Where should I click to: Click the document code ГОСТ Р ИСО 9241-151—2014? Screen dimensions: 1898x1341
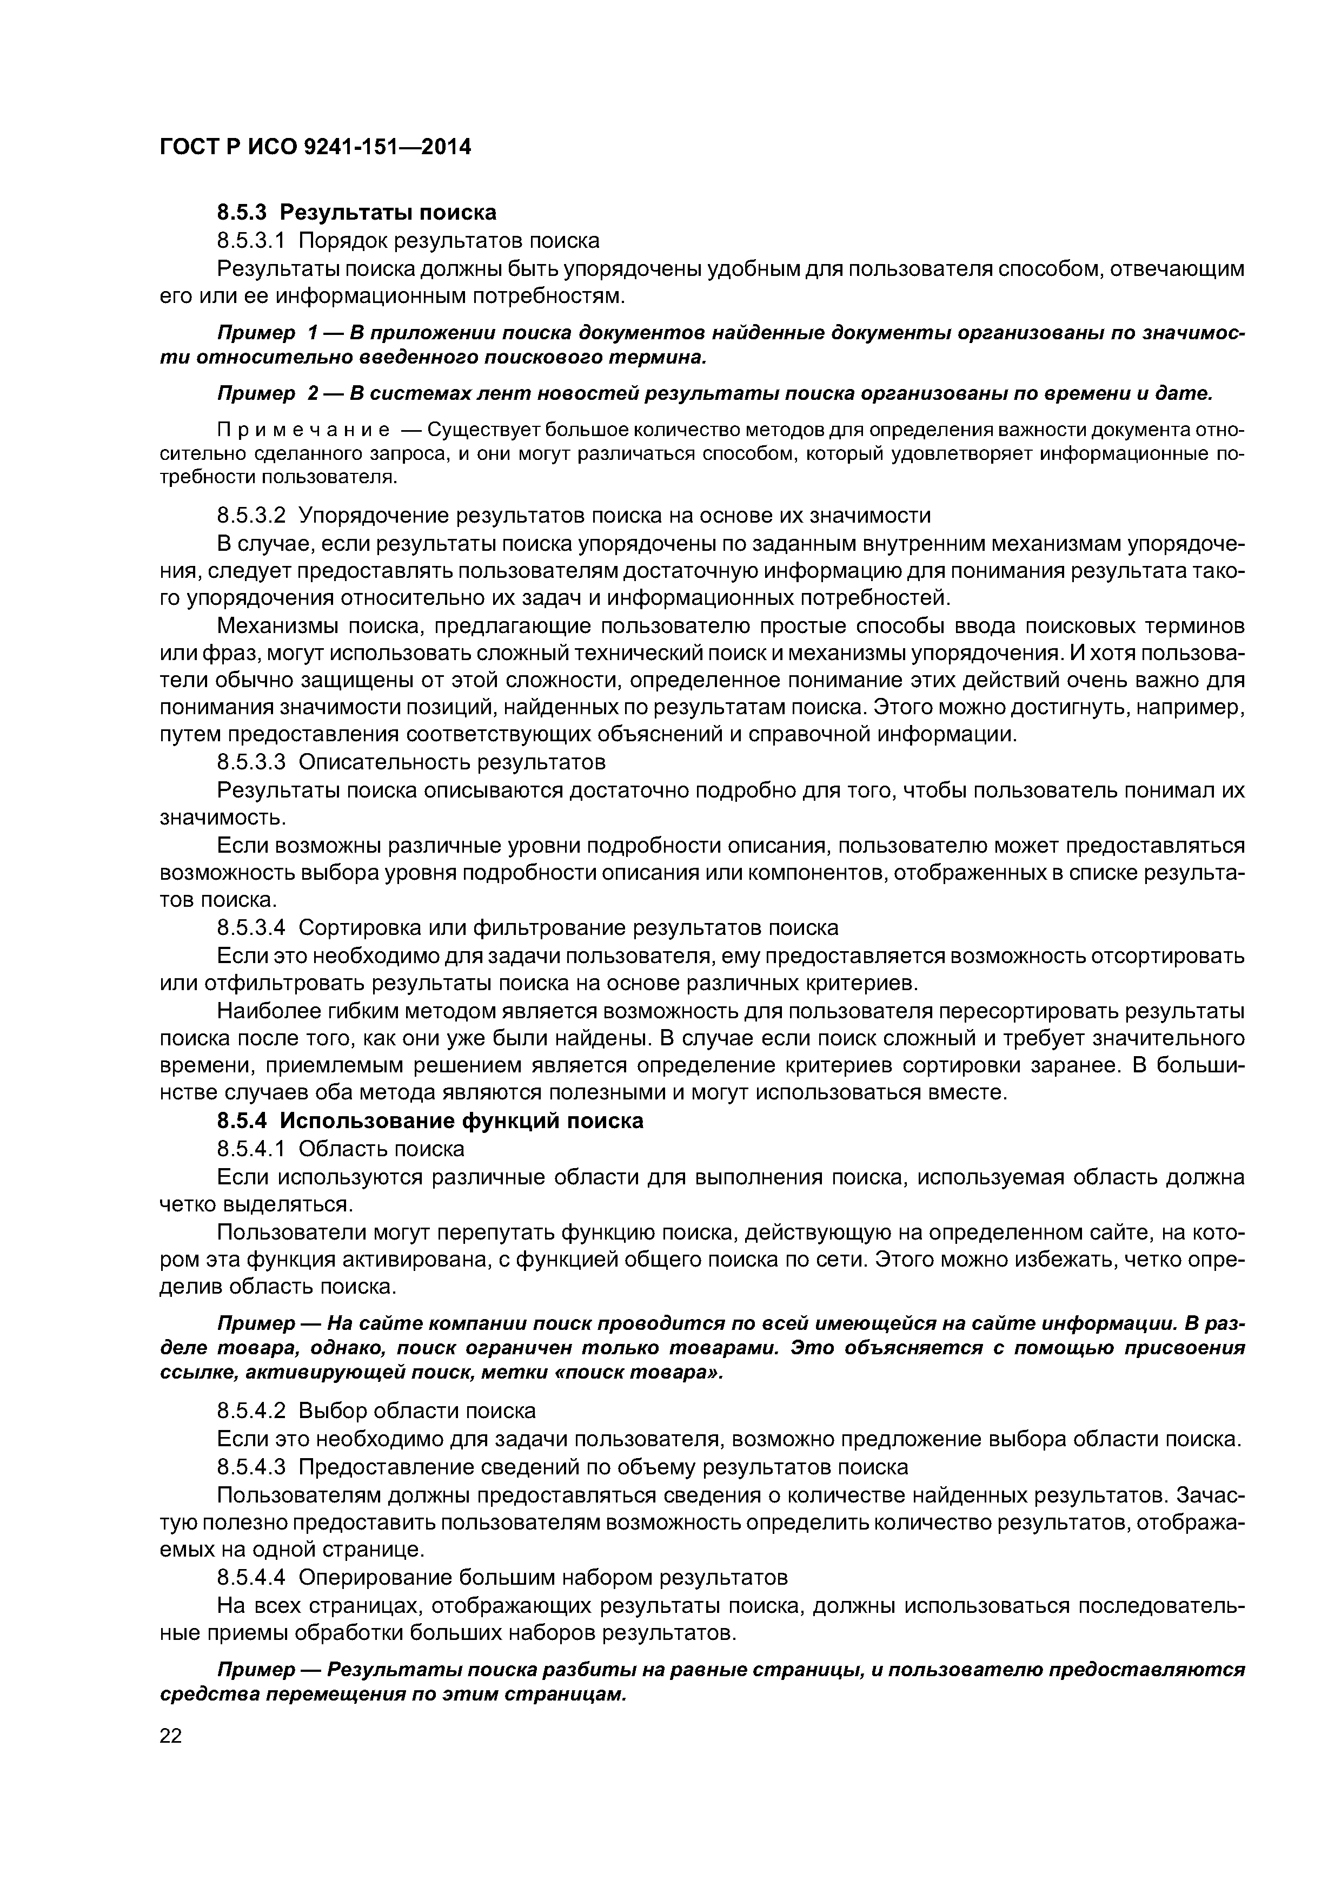(x=314, y=147)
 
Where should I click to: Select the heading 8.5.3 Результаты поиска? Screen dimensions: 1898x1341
(x=356, y=213)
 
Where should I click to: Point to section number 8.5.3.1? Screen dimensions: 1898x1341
(x=250, y=241)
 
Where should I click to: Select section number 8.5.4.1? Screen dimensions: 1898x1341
(x=250, y=1149)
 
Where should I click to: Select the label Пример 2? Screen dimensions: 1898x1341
(x=268, y=394)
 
